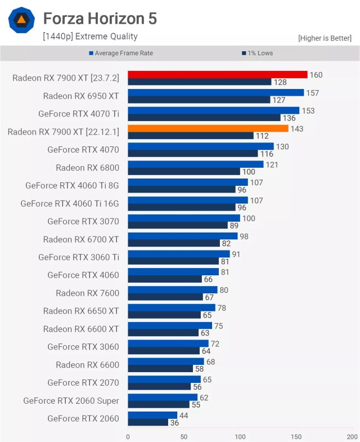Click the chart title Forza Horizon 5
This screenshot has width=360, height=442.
click(x=100, y=19)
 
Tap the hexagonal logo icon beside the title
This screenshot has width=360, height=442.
click(x=21, y=20)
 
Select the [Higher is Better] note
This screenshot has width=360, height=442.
click(x=325, y=38)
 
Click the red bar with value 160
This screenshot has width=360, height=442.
click(x=217, y=75)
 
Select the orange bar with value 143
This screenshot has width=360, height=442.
click(x=208, y=128)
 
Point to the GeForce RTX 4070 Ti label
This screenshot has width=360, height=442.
click(x=79, y=114)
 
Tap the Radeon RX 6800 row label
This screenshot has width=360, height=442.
click(x=87, y=168)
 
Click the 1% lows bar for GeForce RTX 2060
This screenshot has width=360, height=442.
click(x=148, y=422)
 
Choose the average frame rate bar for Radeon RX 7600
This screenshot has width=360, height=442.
click(x=173, y=290)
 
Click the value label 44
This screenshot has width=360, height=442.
click(x=184, y=416)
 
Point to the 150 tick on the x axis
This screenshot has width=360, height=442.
click(x=295, y=436)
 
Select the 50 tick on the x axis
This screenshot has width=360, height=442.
click(x=183, y=436)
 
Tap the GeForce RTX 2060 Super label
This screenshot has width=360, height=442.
click(x=71, y=401)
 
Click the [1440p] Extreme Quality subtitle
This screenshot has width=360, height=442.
click(x=90, y=37)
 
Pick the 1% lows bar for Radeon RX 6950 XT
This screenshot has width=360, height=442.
click(x=199, y=100)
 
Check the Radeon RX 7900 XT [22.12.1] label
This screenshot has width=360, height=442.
click(x=64, y=132)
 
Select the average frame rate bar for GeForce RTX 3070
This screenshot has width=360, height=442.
click(x=184, y=218)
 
